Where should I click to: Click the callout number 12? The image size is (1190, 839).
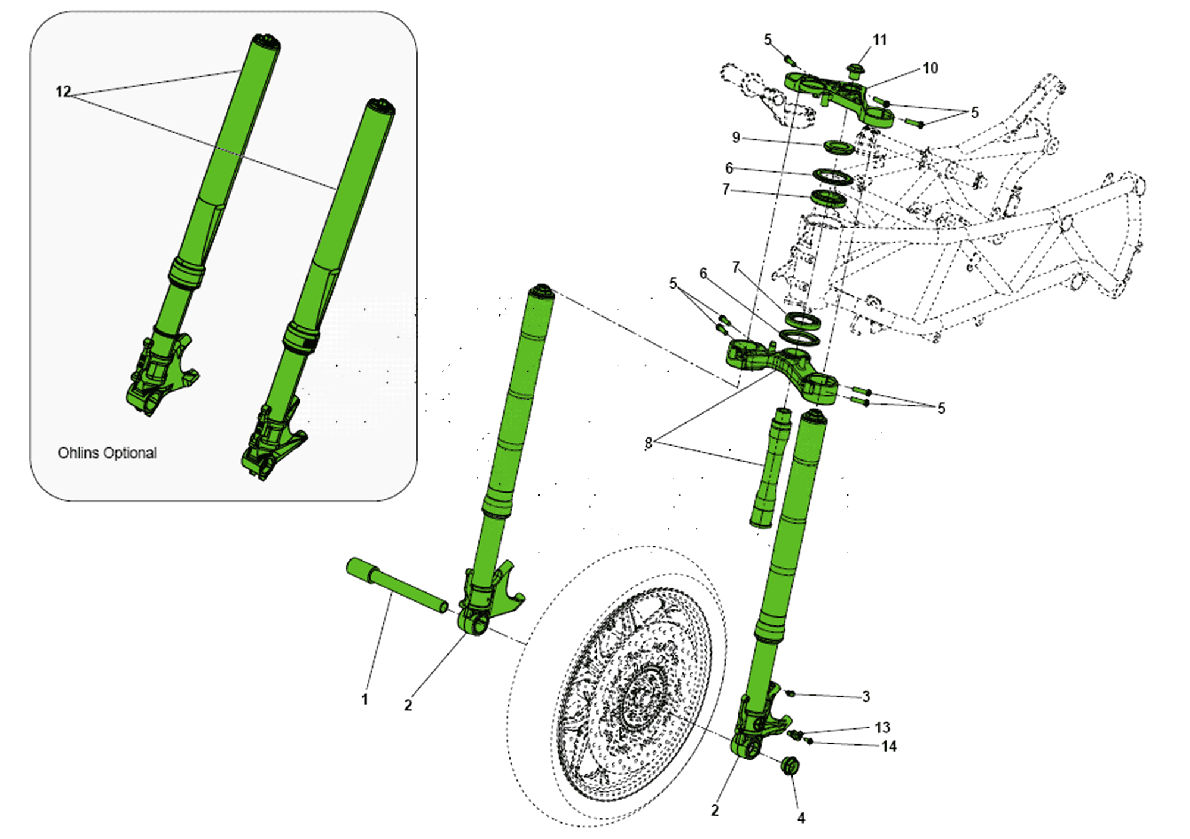click(63, 92)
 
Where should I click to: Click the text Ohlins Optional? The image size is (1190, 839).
click(107, 453)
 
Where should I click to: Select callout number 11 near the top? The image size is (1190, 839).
click(879, 40)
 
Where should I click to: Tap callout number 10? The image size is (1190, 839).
click(930, 68)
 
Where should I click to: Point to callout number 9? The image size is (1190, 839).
click(736, 137)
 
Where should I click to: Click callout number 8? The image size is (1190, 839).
click(648, 442)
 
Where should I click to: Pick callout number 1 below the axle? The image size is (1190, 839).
click(365, 699)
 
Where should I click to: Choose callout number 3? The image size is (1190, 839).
click(866, 696)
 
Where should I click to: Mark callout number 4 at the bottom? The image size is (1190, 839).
click(801, 818)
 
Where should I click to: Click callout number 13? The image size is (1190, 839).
click(882, 727)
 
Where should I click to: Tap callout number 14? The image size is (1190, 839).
click(888, 746)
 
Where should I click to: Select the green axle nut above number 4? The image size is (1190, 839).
click(790, 766)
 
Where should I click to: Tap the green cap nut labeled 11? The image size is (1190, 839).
click(855, 71)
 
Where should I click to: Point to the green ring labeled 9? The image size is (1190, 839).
click(839, 146)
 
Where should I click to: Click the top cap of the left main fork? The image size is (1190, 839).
click(541, 290)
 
